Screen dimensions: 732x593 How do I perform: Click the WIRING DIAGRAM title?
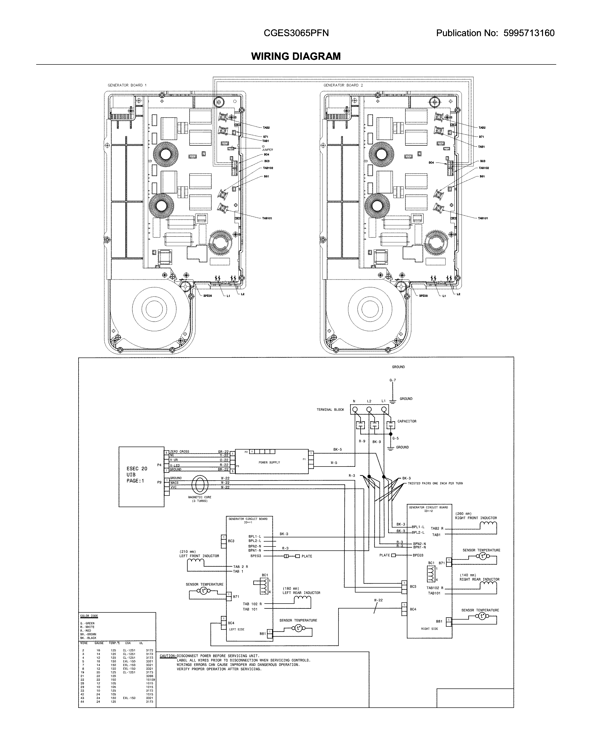296,56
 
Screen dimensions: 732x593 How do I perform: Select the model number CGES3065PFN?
296,33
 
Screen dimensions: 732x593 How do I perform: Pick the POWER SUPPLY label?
269,463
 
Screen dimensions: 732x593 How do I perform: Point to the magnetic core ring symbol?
199,484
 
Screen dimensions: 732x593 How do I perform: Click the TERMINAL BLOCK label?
330,410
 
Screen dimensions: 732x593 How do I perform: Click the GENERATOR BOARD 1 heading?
127,85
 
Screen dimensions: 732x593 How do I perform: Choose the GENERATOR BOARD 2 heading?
343,85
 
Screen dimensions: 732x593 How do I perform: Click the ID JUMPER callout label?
267,148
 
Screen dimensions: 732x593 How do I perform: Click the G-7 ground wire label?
392,380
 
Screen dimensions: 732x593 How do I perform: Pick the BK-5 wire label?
337,450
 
